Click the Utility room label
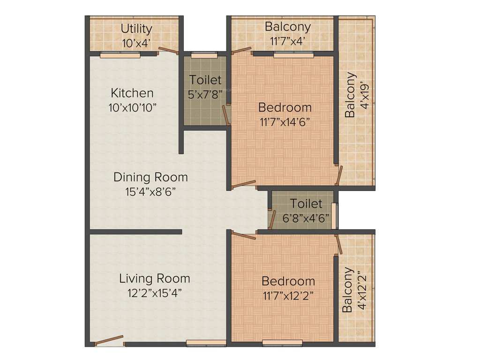[x=136, y=29]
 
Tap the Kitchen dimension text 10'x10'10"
[x=132, y=107]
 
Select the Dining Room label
[x=150, y=177]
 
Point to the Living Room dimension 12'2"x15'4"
[x=154, y=293]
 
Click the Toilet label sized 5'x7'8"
[x=205, y=80]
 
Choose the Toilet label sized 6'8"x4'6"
[x=306, y=204]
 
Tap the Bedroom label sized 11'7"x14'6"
[x=285, y=107]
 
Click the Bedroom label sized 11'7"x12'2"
[x=288, y=281]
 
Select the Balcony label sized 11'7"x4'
[x=287, y=26]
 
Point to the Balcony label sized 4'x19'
[x=350, y=95]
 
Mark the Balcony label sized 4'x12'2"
[x=347, y=290]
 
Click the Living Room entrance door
[x=110, y=341]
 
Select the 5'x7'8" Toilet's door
[x=226, y=115]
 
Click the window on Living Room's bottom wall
[x=200, y=343]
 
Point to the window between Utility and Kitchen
[x=120, y=55]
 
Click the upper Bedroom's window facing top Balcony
[x=293, y=55]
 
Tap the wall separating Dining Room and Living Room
[x=135, y=232]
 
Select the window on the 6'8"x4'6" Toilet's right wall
[x=334, y=216]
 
